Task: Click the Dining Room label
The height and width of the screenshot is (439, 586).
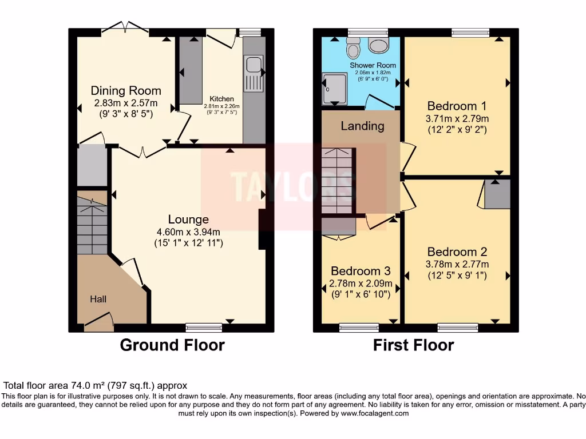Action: [x=126, y=90]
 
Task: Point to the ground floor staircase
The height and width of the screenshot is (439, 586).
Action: [x=92, y=226]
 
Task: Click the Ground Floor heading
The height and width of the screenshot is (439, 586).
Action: [x=172, y=345]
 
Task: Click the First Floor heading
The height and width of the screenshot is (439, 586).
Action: [x=413, y=345]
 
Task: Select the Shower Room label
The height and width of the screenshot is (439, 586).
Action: [x=373, y=65]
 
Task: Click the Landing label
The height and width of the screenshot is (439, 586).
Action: [x=362, y=126]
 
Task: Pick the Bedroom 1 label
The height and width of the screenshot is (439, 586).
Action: [x=457, y=106]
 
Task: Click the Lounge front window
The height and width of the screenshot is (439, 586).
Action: [x=204, y=328]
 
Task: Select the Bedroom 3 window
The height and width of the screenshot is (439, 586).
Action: [x=359, y=328]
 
